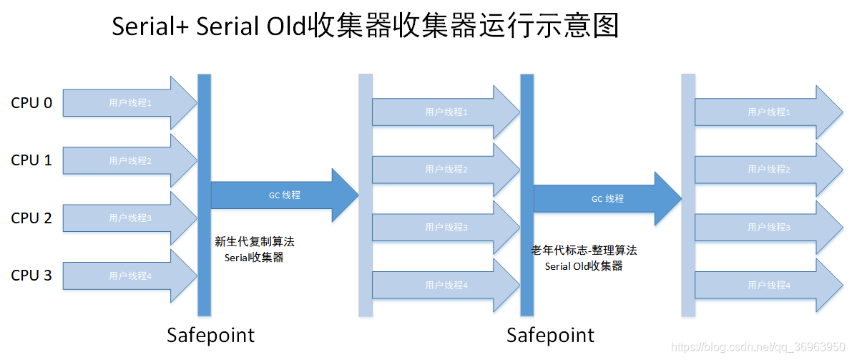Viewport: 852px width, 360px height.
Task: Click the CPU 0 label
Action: pyautogui.click(x=31, y=103)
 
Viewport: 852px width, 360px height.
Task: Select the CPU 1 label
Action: pyautogui.click(x=31, y=160)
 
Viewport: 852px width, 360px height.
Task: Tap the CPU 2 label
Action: pyautogui.click(x=31, y=218)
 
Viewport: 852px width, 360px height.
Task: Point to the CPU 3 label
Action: pyautogui.click(x=31, y=276)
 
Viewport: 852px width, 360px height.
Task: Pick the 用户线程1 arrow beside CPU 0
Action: pyautogui.click(x=129, y=103)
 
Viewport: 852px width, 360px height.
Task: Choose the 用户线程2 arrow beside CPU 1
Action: pyautogui.click(x=129, y=161)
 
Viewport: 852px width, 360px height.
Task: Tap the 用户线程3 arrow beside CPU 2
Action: pyautogui.click(x=129, y=218)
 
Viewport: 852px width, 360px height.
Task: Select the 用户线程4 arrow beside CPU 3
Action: pyautogui.click(x=129, y=276)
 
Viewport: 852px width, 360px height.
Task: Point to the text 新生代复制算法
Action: pyautogui.click(x=254, y=243)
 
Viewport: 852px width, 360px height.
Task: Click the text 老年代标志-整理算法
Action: pyautogui.click(x=584, y=250)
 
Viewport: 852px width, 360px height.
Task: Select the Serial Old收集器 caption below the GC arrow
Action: pyautogui.click(x=584, y=266)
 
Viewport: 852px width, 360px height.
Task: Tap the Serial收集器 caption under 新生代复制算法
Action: pyautogui.click(x=254, y=258)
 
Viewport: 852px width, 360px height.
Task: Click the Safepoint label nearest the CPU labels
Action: pyautogui.click(x=210, y=335)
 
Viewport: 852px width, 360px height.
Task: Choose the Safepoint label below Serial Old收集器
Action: pyautogui.click(x=550, y=335)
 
